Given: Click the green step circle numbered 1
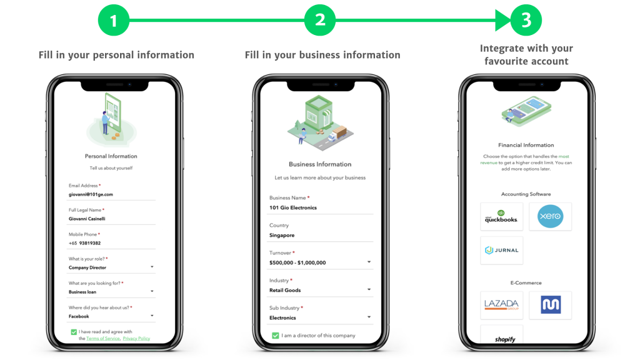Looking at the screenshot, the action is (x=114, y=20).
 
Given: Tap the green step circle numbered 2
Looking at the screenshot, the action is (x=320, y=20).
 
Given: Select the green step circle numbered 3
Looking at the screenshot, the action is (x=526, y=20).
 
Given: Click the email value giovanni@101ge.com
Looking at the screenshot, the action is (x=91, y=194).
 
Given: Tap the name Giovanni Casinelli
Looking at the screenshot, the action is (x=87, y=219).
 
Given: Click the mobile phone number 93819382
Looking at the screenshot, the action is (x=90, y=243).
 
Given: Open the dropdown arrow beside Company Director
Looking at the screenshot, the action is (x=152, y=267).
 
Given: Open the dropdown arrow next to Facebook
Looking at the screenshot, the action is (x=152, y=316).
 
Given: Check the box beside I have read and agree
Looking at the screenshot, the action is (x=74, y=332).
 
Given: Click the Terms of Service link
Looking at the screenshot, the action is (x=103, y=338).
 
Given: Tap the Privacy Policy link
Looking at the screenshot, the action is (x=136, y=338).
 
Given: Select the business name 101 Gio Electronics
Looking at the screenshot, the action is (x=293, y=207).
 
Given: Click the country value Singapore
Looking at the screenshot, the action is (x=282, y=236).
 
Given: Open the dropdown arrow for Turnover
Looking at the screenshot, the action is (x=369, y=262).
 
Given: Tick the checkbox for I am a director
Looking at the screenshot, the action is (x=276, y=336).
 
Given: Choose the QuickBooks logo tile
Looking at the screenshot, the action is (x=501, y=217).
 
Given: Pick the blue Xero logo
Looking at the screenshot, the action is (x=550, y=216).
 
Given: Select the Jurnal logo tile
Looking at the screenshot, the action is (x=501, y=250).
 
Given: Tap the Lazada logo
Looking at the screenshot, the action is (x=501, y=305).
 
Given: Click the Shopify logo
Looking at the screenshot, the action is (x=505, y=339).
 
